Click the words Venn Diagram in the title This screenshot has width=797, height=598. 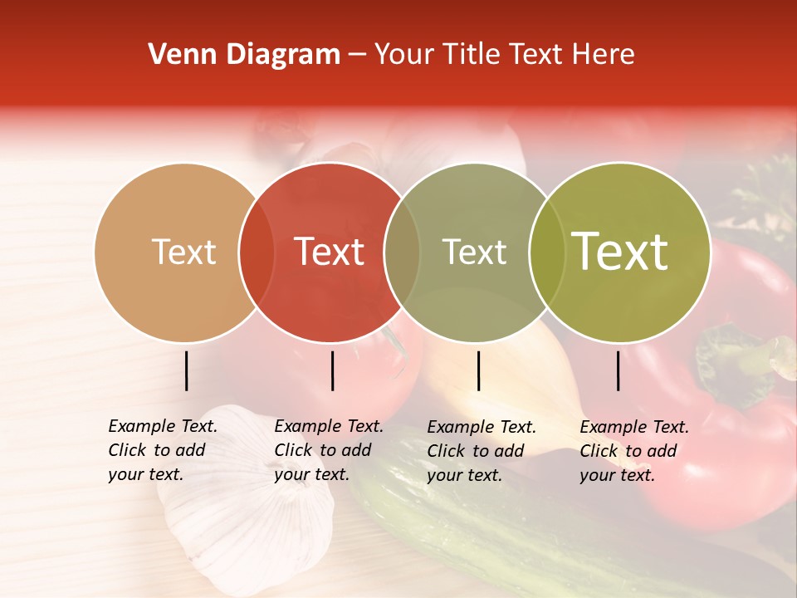tap(244, 55)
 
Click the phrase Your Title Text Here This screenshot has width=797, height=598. tap(504, 55)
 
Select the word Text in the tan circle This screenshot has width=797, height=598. tap(183, 252)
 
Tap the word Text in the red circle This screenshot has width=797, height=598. tap(330, 252)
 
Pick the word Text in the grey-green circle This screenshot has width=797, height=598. tap(474, 252)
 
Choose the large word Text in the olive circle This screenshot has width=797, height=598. tap(620, 252)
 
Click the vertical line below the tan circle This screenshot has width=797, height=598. tap(186, 370)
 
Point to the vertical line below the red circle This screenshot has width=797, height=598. tap(332, 370)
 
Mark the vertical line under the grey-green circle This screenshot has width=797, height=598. tap(478, 370)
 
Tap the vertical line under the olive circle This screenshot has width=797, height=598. tap(619, 370)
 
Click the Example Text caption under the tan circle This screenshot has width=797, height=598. tap(163, 450)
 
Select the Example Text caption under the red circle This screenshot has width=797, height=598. tap(329, 450)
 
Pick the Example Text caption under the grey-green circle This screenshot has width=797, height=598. tap(482, 451)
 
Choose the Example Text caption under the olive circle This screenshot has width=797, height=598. tap(634, 451)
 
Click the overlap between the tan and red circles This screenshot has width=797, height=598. tap(257, 252)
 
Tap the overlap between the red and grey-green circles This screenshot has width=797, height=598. tap(402, 252)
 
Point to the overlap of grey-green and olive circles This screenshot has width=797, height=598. tap(547, 252)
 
